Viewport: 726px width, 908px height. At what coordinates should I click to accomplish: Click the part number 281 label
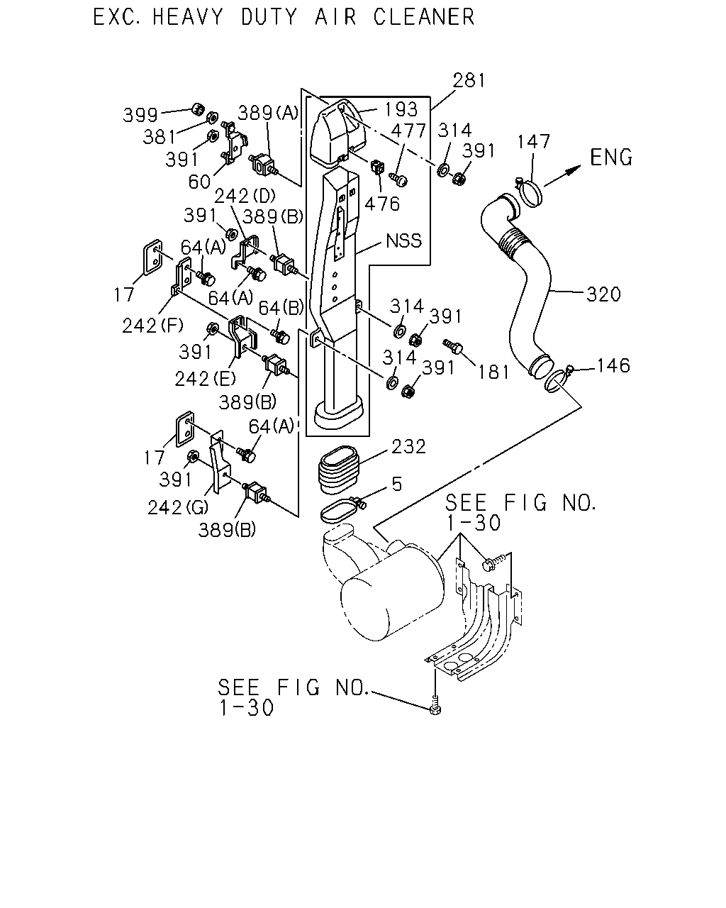[x=469, y=80]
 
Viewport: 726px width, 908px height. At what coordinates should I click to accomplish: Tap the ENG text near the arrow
[x=611, y=157]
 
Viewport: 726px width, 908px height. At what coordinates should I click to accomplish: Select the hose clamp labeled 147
[x=530, y=192]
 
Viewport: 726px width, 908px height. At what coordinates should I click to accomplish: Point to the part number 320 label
[x=603, y=294]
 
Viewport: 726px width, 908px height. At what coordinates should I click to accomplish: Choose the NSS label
[x=403, y=240]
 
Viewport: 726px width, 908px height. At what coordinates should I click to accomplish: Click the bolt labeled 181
[x=454, y=345]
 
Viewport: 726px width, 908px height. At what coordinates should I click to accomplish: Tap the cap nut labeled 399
[x=198, y=109]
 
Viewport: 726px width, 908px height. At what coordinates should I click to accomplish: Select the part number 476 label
[x=381, y=204]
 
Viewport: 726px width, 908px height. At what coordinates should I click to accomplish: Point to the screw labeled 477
[x=398, y=179]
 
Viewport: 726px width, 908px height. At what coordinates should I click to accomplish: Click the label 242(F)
[x=152, y=326]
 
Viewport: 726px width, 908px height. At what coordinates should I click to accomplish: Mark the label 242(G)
[x=177, y=507]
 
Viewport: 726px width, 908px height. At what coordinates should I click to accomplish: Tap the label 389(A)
[x=268, y=113]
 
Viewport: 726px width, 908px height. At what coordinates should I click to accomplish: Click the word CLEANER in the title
[x=424, y=18]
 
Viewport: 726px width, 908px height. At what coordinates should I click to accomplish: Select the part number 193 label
[x=401, y=109]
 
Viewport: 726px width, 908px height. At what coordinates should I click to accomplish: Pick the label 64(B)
[x=281, y=308]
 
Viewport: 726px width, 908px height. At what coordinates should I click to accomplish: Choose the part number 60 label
[x=199, y=182]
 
